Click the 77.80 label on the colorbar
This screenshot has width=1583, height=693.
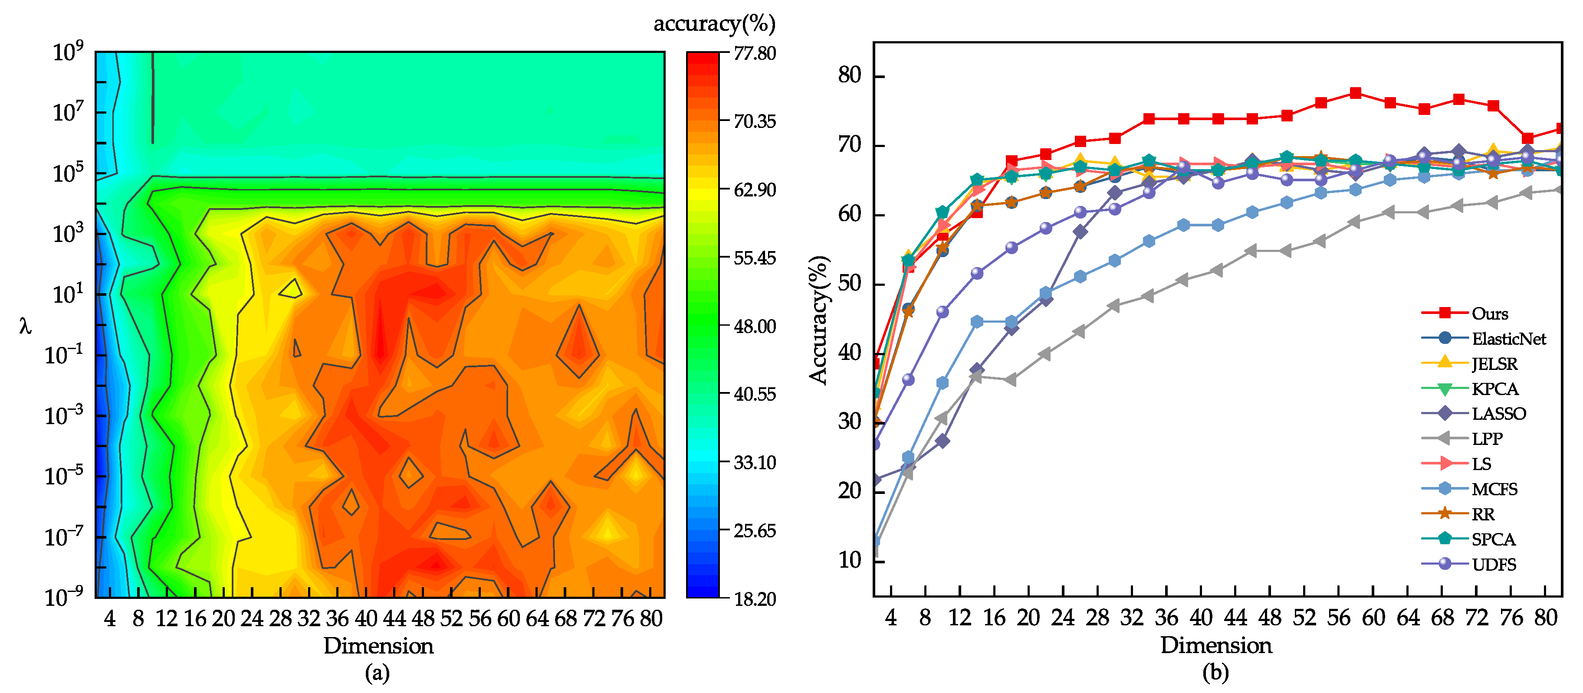point(755,53)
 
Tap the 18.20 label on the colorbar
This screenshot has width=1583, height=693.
point(755,599)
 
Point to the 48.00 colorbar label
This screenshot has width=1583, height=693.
point(755,326)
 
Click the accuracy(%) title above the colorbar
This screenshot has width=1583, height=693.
point(714,23)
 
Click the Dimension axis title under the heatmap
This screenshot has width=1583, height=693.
point(378,646)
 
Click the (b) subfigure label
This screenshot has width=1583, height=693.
point(1215,673)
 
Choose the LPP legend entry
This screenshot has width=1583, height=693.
point(1487,439)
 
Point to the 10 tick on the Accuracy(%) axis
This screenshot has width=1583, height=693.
point(851,560)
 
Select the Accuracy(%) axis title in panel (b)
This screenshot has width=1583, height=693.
point(818,320)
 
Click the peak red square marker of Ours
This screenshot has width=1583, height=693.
point(1356,93)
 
